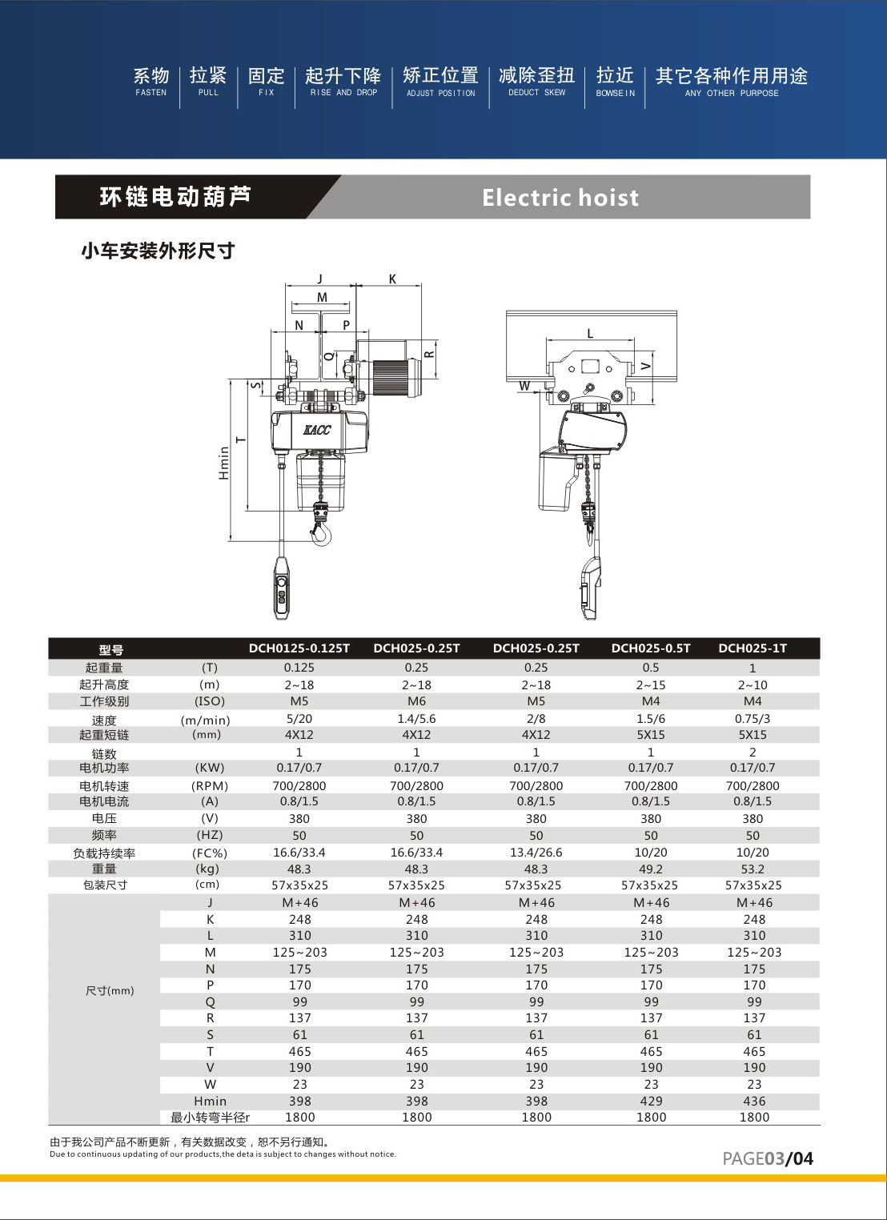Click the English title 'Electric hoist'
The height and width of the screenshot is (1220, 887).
(560, 198)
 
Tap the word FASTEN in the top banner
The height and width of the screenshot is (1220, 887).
(151, 93)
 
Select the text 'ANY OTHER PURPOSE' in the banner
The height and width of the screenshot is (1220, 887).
(731, 93)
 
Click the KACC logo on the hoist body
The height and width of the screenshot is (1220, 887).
(316, 430)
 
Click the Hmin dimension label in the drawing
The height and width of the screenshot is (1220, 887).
(224, 463)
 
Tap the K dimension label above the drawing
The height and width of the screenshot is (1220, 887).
(392, 279)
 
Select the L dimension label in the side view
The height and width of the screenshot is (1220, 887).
(590, 334)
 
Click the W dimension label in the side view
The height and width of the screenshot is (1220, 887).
(524, 386)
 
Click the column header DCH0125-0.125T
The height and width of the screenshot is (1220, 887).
(299, 648)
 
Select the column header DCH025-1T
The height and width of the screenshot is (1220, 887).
(753, 648)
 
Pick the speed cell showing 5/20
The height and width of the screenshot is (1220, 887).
(299, 719)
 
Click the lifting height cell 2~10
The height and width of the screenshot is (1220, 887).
(753, 685)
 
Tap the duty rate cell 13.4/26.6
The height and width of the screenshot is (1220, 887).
(536, 853)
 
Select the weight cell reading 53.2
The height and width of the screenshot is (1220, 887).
(753, 869)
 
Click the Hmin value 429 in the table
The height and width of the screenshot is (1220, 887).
(651, 1102)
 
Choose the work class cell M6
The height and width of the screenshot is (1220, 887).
(416, 701)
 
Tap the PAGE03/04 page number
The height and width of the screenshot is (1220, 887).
(767, 1158)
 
